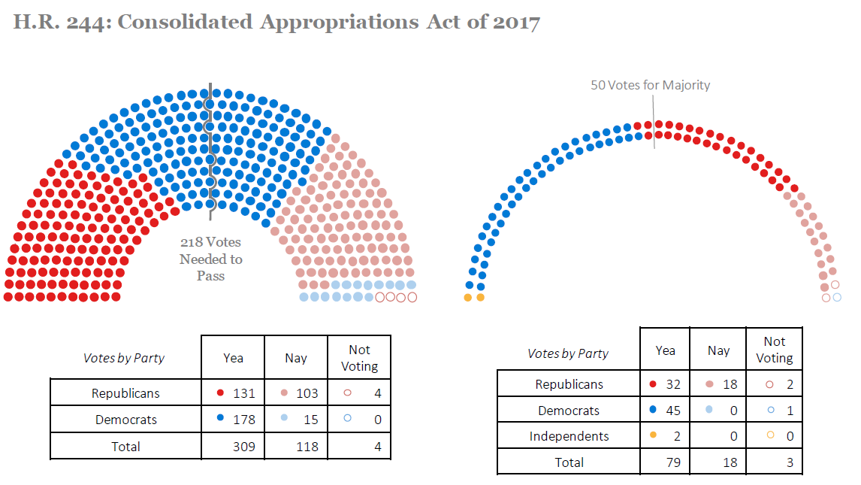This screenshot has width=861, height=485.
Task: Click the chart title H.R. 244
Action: point(276,22)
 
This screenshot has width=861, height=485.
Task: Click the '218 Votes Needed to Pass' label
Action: point(211,259)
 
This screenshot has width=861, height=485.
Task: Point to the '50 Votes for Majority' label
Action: point(650,85)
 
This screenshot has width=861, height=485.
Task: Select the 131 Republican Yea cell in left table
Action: point(234,393)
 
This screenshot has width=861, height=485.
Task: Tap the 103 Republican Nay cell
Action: point(296,393)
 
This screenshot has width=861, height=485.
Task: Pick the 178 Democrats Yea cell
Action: point(234,420)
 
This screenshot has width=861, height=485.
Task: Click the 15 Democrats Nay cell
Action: point(296,420)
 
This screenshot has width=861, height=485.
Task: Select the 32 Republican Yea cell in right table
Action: point(665,384)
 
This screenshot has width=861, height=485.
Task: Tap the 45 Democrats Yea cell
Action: point(665,411)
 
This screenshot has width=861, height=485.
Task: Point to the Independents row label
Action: point(569,436)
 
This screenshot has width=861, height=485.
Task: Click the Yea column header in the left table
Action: point(234,358)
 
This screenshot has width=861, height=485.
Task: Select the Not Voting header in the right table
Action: point(774,350)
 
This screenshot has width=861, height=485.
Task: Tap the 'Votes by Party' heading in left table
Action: point(124,358)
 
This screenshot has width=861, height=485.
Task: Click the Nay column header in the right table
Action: point(718,350)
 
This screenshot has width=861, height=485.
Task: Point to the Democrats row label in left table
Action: point(125,420)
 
